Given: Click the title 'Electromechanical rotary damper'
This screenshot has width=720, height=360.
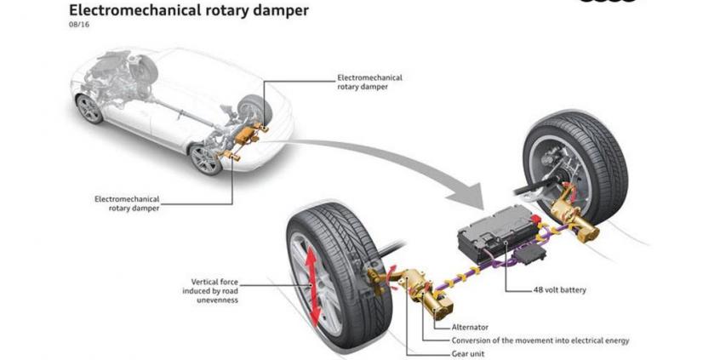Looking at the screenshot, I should coord(188,12).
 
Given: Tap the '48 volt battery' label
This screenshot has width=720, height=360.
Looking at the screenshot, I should coord(560,289).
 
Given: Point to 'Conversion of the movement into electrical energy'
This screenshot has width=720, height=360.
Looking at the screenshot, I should coord(540,340).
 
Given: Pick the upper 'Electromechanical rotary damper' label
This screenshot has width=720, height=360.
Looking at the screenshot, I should coord(369,82).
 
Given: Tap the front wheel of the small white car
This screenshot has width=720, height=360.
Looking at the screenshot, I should coord(89,108).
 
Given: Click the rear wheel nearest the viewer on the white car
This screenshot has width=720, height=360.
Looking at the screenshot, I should coord(205,158).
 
